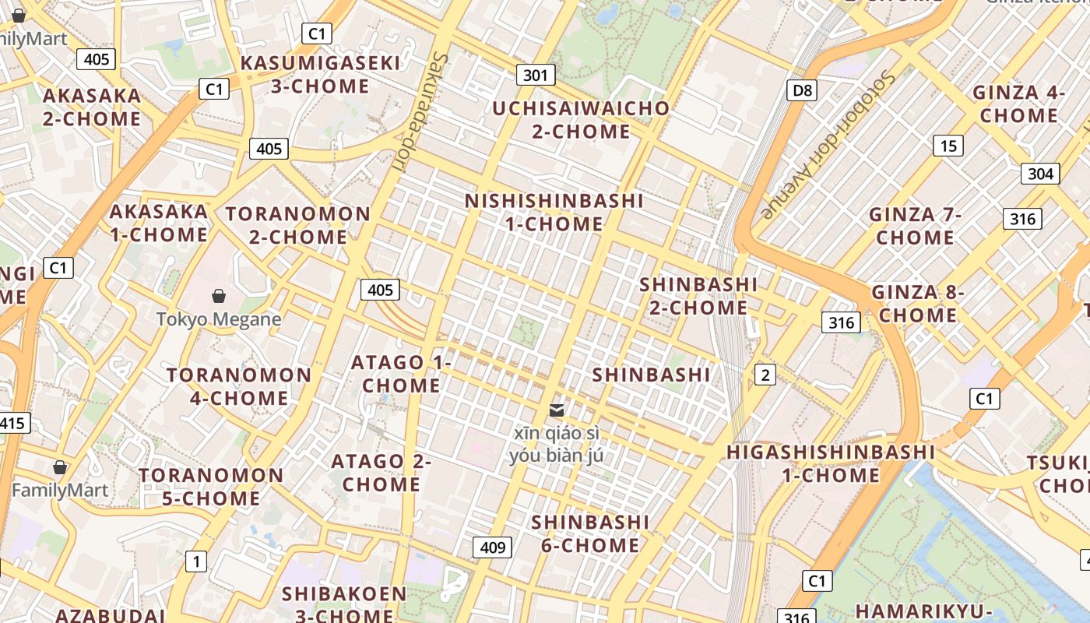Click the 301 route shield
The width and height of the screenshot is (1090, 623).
(535, 75)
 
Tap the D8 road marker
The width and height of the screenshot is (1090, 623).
(802, 90)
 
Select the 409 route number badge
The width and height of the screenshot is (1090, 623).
(493, 547)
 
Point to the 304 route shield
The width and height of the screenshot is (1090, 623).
(1040, 174)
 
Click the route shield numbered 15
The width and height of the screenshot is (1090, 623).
(948, 146)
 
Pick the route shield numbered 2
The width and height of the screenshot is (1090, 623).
(765, 375)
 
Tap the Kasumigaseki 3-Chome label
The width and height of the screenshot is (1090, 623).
(320, 75)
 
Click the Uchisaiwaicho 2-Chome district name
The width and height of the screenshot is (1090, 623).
(581, 120)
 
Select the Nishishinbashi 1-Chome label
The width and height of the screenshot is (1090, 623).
(554, 213)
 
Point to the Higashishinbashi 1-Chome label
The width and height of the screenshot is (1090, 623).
(831, 463)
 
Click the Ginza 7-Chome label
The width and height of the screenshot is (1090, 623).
(916, 226)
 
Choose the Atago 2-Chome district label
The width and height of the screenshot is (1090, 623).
(381, 473)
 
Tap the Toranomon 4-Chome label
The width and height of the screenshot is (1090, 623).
(239, 386)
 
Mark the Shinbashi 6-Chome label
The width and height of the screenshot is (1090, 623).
(590, 533)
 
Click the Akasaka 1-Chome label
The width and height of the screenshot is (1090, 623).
(159, 223)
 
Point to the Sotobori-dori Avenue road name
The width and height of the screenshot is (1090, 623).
(828, 144)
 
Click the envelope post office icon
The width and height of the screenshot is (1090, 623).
(557, 410)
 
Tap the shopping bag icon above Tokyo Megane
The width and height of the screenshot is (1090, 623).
(219, 296)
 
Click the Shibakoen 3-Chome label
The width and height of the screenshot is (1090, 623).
(344, 604)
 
